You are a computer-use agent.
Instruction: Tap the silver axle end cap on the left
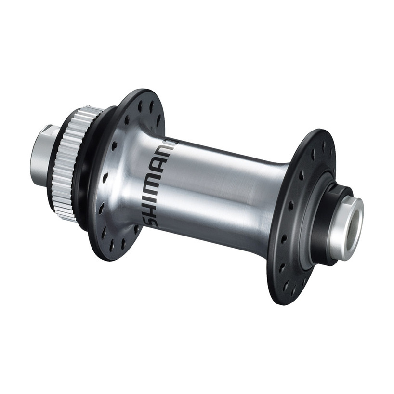[42, 153]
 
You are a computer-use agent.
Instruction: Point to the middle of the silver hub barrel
[222, 188]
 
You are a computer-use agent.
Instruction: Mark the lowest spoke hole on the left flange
[112, 246]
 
